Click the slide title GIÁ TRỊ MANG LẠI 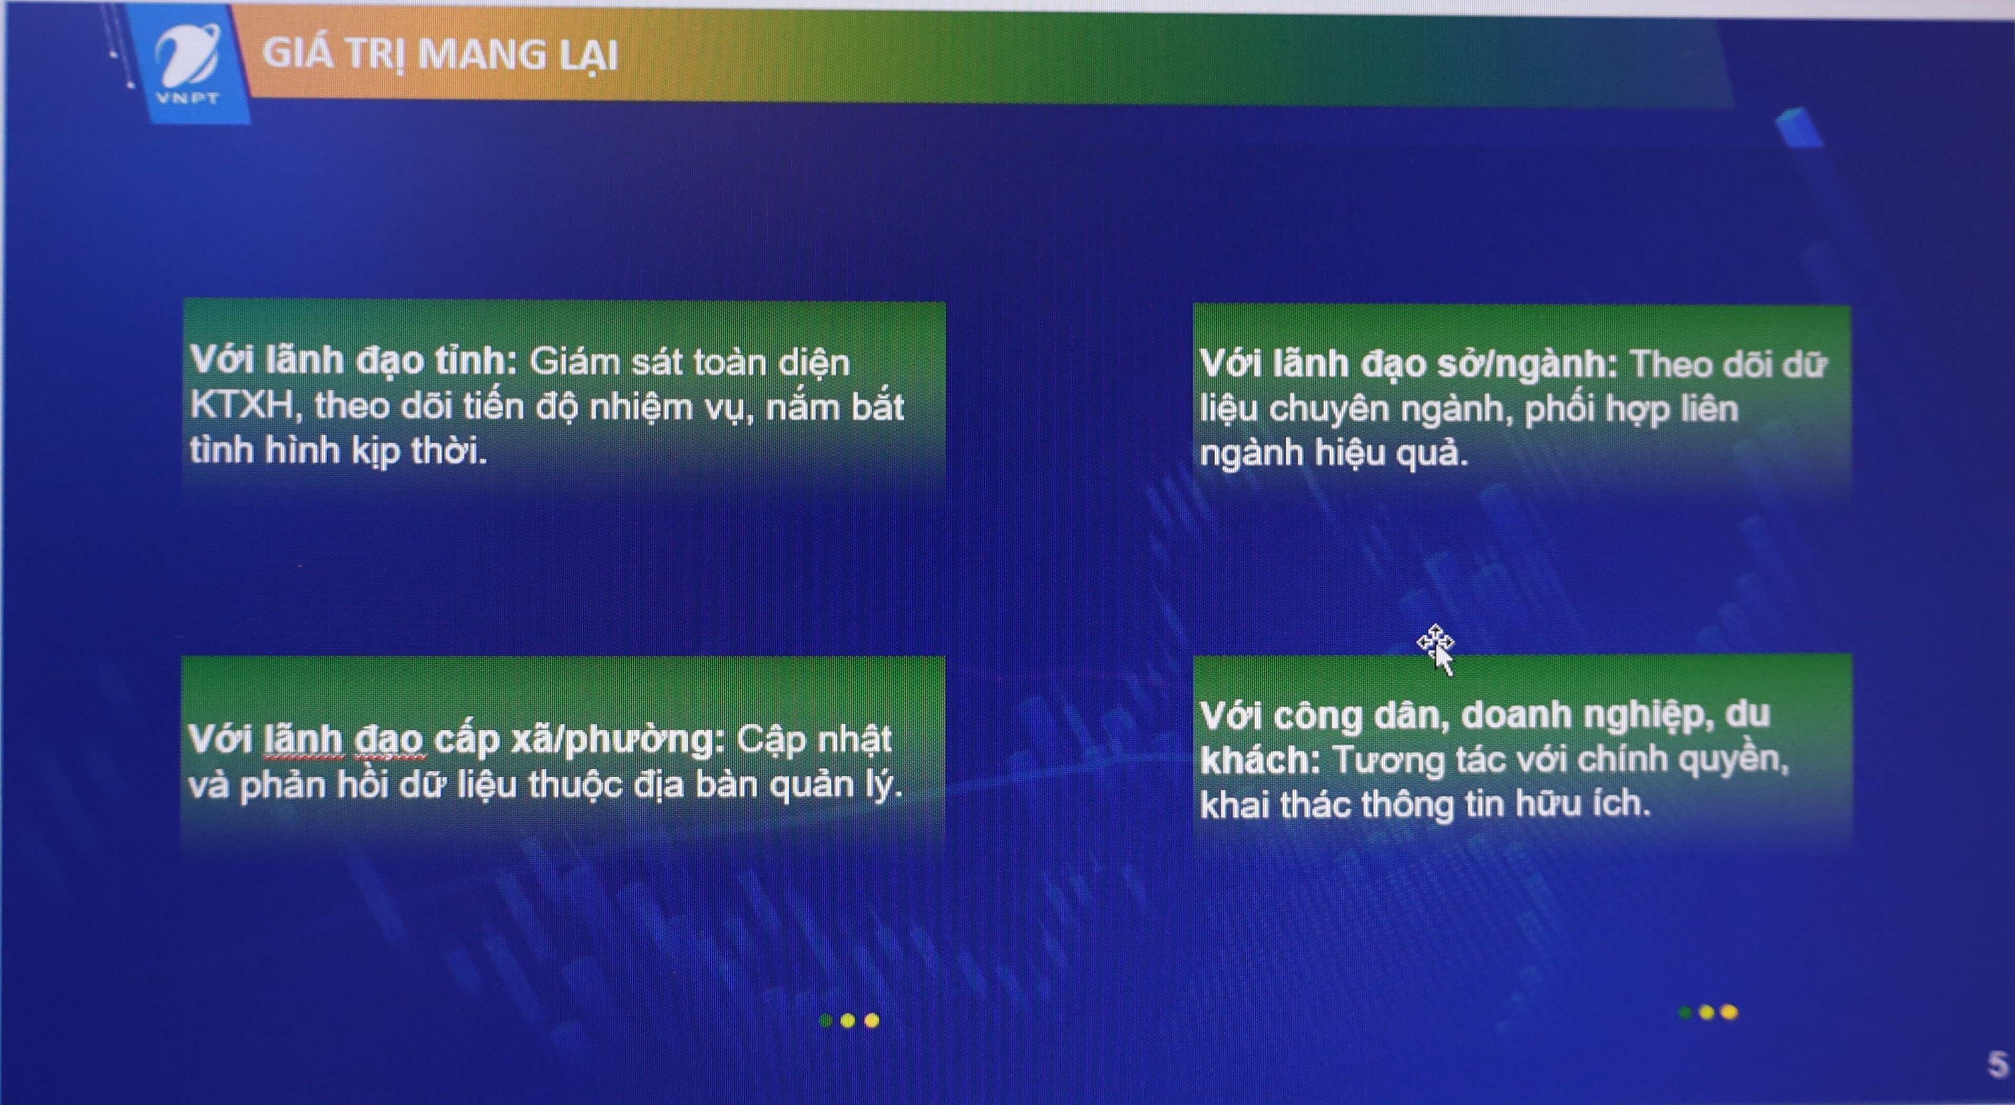[x=439, y=55]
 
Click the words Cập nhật [x=814, y=740]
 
